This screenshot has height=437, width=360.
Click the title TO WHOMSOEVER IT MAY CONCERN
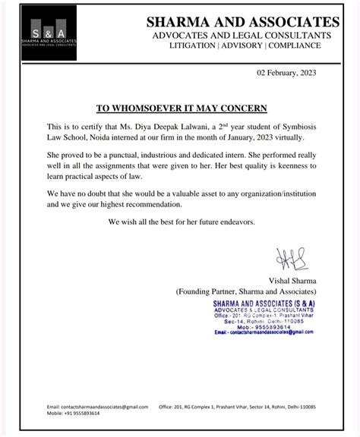pos(182,108)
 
